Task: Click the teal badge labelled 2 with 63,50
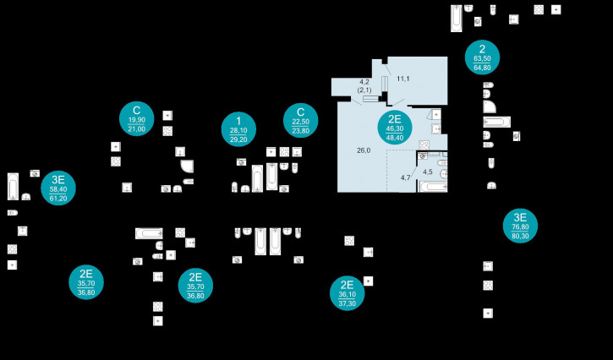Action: click(x=482, y=57)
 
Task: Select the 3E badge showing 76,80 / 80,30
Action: click(x=520, y=226)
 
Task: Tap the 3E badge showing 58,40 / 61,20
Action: click(x=58, y=188)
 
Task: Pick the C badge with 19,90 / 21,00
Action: click(x=136, y=118)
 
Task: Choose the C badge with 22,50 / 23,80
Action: click(x=300, y=121)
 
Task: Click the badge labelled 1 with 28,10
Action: click(x=238, y=128)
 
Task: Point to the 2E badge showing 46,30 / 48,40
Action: click(x=394, y=127)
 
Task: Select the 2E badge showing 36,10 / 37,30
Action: click(x=347, y=293)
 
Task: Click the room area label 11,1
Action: click(x=403, y=79)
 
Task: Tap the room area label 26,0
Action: click(x=364, y=150)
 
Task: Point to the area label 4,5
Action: click(x=428, y=172)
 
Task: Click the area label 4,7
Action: click(x=406, y=177)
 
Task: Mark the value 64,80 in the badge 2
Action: click(x=482, y=67)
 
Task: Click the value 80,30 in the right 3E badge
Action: click(x=520, y=237)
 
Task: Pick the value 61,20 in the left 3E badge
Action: click(x=58, y=199)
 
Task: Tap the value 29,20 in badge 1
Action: click(x=238, y=139)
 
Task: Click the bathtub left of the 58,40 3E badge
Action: click(x=13, y=186)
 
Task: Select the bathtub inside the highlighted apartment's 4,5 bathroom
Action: click(x=433, y=187)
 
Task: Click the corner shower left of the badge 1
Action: click(x=187, y=166)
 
